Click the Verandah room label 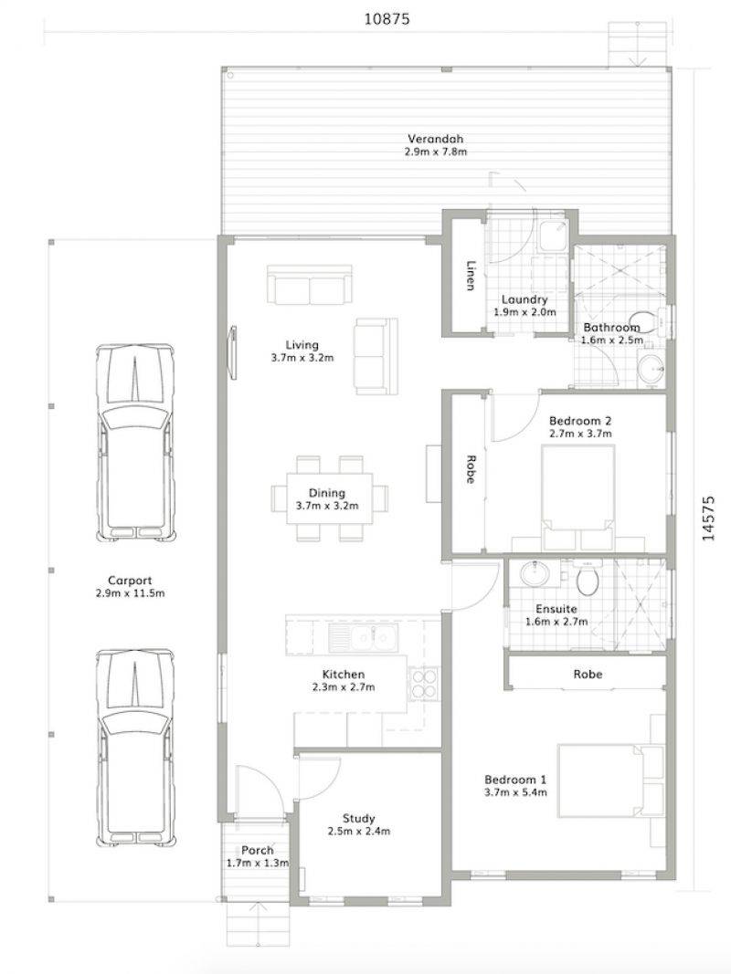coord(436,139)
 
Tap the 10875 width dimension coord(387,18)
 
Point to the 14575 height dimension coord(708,518)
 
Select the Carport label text coord(130,581)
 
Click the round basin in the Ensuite coord(534,572)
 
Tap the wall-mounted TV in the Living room coord(233,352)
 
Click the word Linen coord(471,275)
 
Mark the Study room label coord(359,818)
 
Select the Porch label coord(258,851)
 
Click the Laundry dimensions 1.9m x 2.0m coord(524,312)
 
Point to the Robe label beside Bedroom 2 coord(471,469)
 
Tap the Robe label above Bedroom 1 coord(588,674)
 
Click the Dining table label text coord(327,493)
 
